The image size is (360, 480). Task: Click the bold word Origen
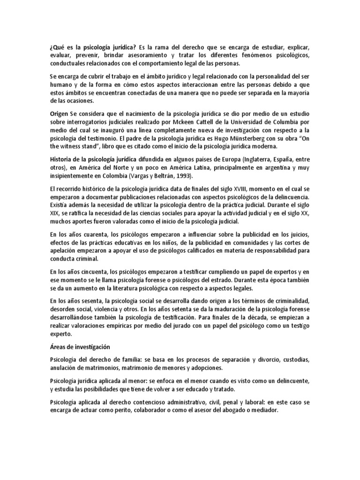point(59,114)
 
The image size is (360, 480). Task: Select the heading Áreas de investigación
point(79,346)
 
